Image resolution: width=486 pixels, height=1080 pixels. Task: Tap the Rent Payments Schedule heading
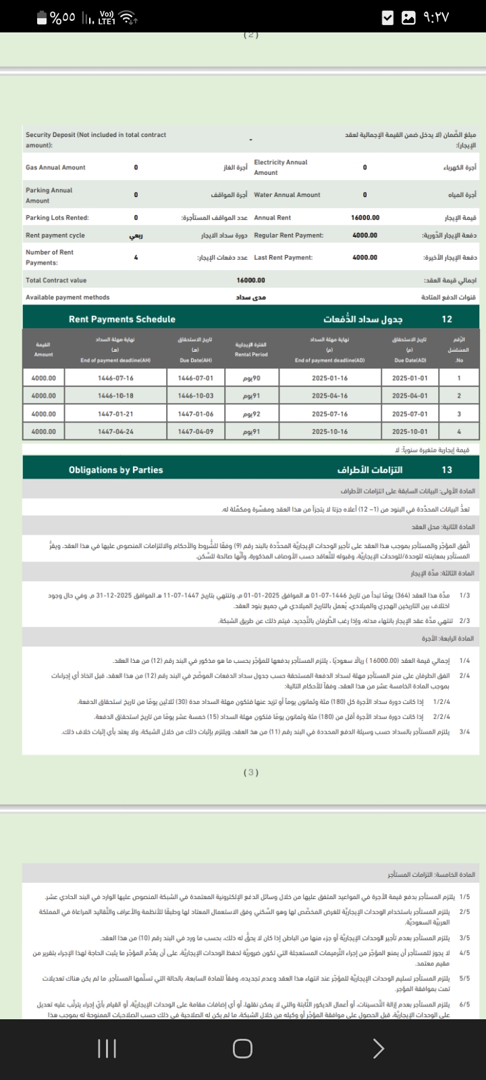tap(122, 319)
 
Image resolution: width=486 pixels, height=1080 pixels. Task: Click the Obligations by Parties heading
tap(116, 470)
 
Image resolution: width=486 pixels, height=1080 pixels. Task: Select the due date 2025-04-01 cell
tap(410, 396)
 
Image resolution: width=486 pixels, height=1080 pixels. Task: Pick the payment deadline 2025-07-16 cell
tap(330, 414)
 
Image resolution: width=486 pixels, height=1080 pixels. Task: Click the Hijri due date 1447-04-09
tap(196, 432)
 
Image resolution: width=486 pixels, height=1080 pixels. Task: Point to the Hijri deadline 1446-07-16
tap(115, 379)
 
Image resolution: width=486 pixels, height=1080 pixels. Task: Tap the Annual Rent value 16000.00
tap(365, 218)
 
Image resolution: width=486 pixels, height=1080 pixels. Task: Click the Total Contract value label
tap(56, 280)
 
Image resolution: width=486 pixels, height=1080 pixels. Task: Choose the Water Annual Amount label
tap(287, 195)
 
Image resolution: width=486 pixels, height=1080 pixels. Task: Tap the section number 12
tap(447, 319)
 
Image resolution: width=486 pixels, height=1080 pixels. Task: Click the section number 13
tap(447, 470)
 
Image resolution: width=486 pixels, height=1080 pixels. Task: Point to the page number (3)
tap(251, 772)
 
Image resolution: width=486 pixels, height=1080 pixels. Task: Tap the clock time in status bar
tap(436, 18)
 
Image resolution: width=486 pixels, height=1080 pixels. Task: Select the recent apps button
tap(107, 1048)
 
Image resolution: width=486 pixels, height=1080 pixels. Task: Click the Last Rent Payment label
tap(283, 258)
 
